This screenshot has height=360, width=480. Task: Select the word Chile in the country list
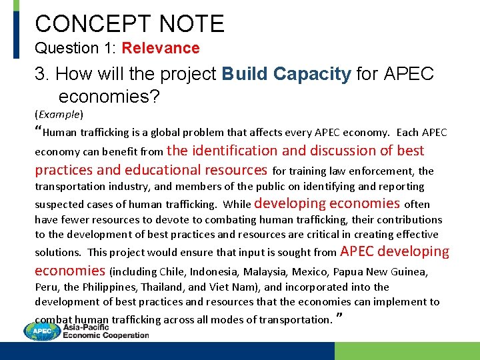tap(173, 272)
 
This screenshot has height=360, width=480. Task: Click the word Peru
tap(46, 287)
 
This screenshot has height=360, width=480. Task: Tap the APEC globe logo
tap(41, 331)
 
